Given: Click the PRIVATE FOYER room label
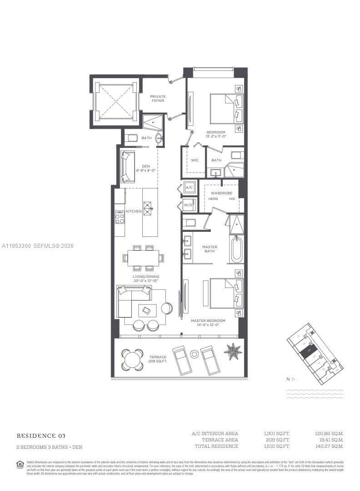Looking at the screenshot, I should pyautogui.click(x=158, y=98).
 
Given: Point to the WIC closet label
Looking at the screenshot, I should pyautogui.click(x=195, y=160).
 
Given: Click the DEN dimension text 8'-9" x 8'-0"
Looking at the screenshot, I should pyautogui.click(x=146, y=170).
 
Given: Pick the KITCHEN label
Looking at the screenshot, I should pyautogui.click(x=134, y=211).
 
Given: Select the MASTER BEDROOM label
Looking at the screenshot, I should pyautogui.click(x=205, y=322).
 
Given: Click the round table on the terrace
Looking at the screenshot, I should pyautogui.click(x=132, y=360).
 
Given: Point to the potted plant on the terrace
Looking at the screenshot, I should pyautogui.click(x=233, y=351).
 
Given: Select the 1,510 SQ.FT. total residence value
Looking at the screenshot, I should pyautogui.click(x=276, y=446).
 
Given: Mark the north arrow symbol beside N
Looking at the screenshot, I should pyautogui.click(x=294, y=379).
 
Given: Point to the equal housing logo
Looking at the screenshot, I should pyautogui.click(x=20, y=464).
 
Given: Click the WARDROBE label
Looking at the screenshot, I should pyautogui.click(x=221, y=193).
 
